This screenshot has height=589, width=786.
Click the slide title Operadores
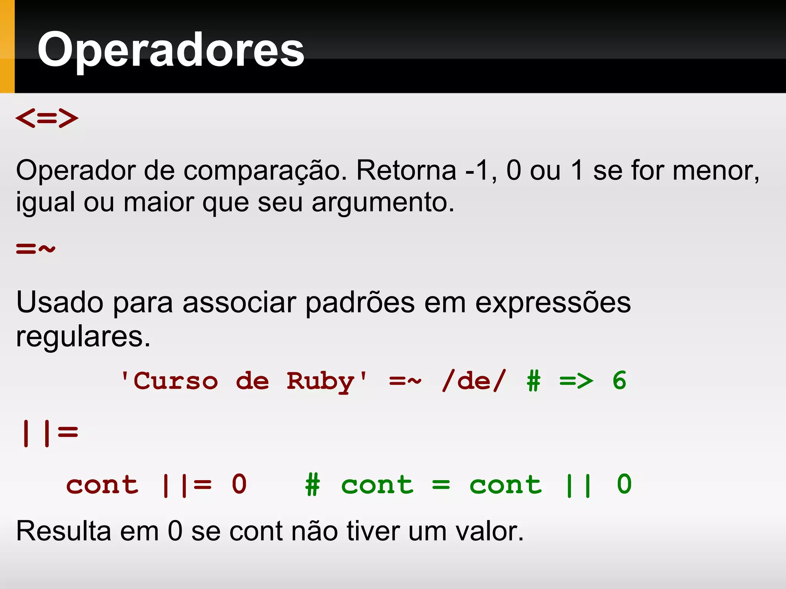point(171,50)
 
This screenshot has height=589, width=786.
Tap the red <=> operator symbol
point(47,118)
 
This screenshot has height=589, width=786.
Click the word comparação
point(265,171)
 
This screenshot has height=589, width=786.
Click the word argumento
point(382,202)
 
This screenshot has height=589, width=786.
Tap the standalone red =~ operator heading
point(36,249)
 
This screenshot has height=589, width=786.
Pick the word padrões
point(360,303)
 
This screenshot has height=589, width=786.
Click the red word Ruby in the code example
point(320,382)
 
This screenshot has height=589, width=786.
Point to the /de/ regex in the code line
point(474,381)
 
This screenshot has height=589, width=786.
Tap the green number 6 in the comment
point(619,381)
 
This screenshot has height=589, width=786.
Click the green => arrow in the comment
point(576,381)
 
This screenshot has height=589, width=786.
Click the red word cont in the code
point(102,485)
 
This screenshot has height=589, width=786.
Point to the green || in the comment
point(578,485)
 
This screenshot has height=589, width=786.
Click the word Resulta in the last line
point(63,531)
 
